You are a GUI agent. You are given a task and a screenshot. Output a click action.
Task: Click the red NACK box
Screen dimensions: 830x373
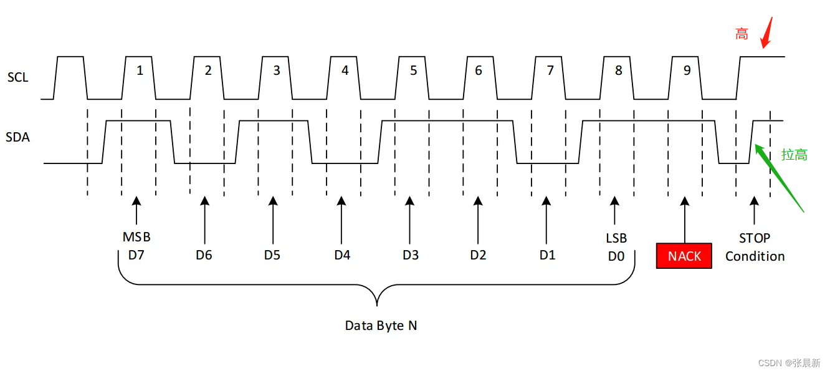tap(684, 256)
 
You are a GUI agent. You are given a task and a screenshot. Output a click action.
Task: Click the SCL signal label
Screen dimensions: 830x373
tap(18, 78)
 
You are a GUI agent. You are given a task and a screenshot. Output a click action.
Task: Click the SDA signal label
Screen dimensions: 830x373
tap(18, 137)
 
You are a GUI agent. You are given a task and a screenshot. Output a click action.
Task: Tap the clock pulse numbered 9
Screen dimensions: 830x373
tap(687, 70)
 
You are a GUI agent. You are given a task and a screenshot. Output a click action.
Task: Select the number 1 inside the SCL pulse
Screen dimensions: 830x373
tap(140, 70)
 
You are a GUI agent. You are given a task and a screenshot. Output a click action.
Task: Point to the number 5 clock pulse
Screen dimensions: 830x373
tap(413, 70)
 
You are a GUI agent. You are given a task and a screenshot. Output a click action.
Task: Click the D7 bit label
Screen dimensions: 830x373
tap(136, 254)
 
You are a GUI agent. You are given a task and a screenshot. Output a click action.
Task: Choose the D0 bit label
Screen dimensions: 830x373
tap(616, 255)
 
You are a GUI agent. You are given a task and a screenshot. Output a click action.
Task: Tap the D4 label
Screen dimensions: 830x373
tap(342, 255)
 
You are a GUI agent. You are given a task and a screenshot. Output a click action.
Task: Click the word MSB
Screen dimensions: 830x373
tap(136, 238)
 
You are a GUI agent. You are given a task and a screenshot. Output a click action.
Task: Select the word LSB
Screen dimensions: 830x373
tap(616, 238)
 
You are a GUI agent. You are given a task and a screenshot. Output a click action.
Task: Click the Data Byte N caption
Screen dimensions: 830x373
tap(381, 326)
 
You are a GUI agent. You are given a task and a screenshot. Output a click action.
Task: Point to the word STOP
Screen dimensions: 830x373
tap(755, 238)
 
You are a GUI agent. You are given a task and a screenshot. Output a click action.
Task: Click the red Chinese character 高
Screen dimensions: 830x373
tap(742, 34)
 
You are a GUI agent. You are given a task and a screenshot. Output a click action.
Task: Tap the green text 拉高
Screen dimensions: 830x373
tap(794, 155)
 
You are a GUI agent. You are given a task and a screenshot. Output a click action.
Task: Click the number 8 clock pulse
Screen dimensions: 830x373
tap(618, 70)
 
